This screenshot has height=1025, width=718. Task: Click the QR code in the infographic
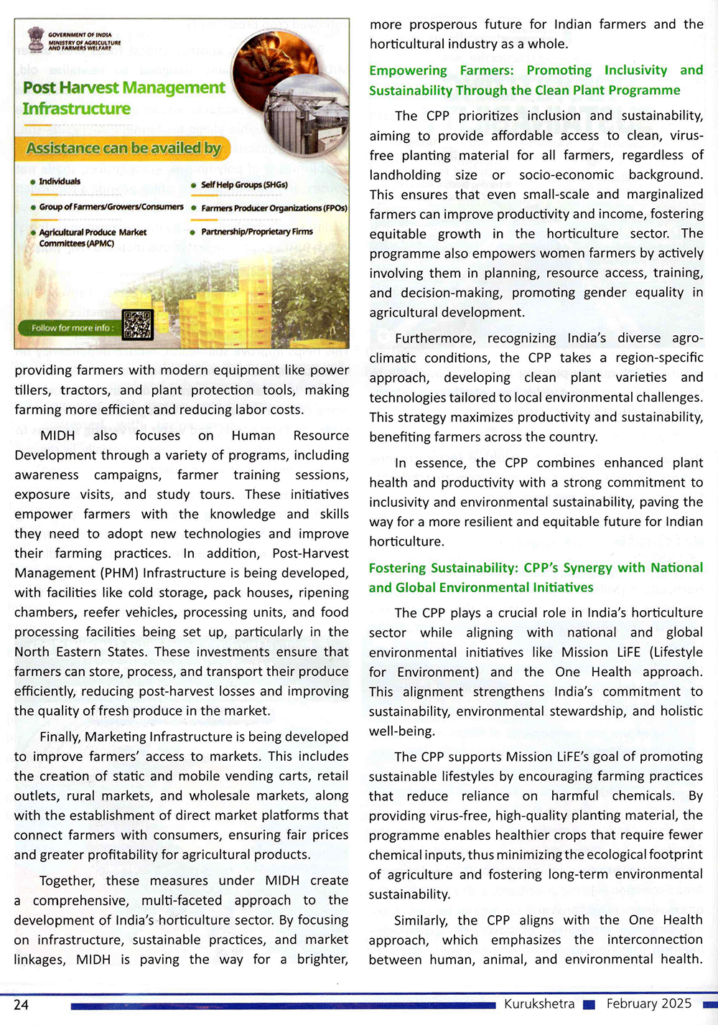pos(137,325)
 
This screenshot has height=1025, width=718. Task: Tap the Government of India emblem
pos(35,39)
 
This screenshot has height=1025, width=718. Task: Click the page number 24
pos(22,1004)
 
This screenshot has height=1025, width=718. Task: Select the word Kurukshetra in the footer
pos(539,1003)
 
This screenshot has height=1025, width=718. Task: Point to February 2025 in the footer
pos(649,1003)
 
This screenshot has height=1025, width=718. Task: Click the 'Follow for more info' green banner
pos(71,328)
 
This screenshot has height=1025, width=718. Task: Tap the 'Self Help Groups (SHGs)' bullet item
pos(243,185)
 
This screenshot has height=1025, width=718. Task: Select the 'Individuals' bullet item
pos(60,182)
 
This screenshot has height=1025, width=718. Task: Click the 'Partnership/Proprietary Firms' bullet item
pos(256,232)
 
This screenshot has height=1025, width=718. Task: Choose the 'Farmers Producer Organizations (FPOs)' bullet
pos(274,208)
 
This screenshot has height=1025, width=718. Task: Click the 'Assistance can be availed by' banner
pos(123,149)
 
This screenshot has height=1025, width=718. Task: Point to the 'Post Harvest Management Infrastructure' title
pos(123,98)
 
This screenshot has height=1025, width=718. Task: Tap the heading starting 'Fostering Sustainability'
pos(536,578)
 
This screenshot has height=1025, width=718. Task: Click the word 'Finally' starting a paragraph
pos(60,737)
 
